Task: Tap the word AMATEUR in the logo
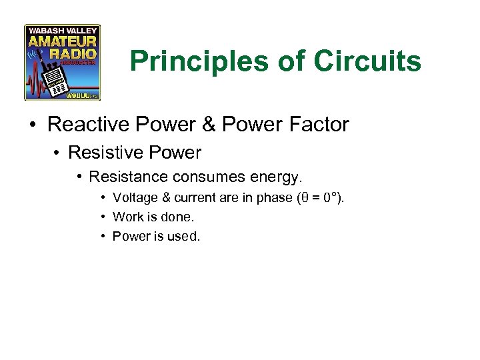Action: point(62,42)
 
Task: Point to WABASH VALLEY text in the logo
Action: point(62,31)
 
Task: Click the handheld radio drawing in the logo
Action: point(56,79)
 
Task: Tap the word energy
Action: point(276,177)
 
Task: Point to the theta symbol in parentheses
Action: point(305,197)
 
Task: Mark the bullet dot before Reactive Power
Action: point(33,125)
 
